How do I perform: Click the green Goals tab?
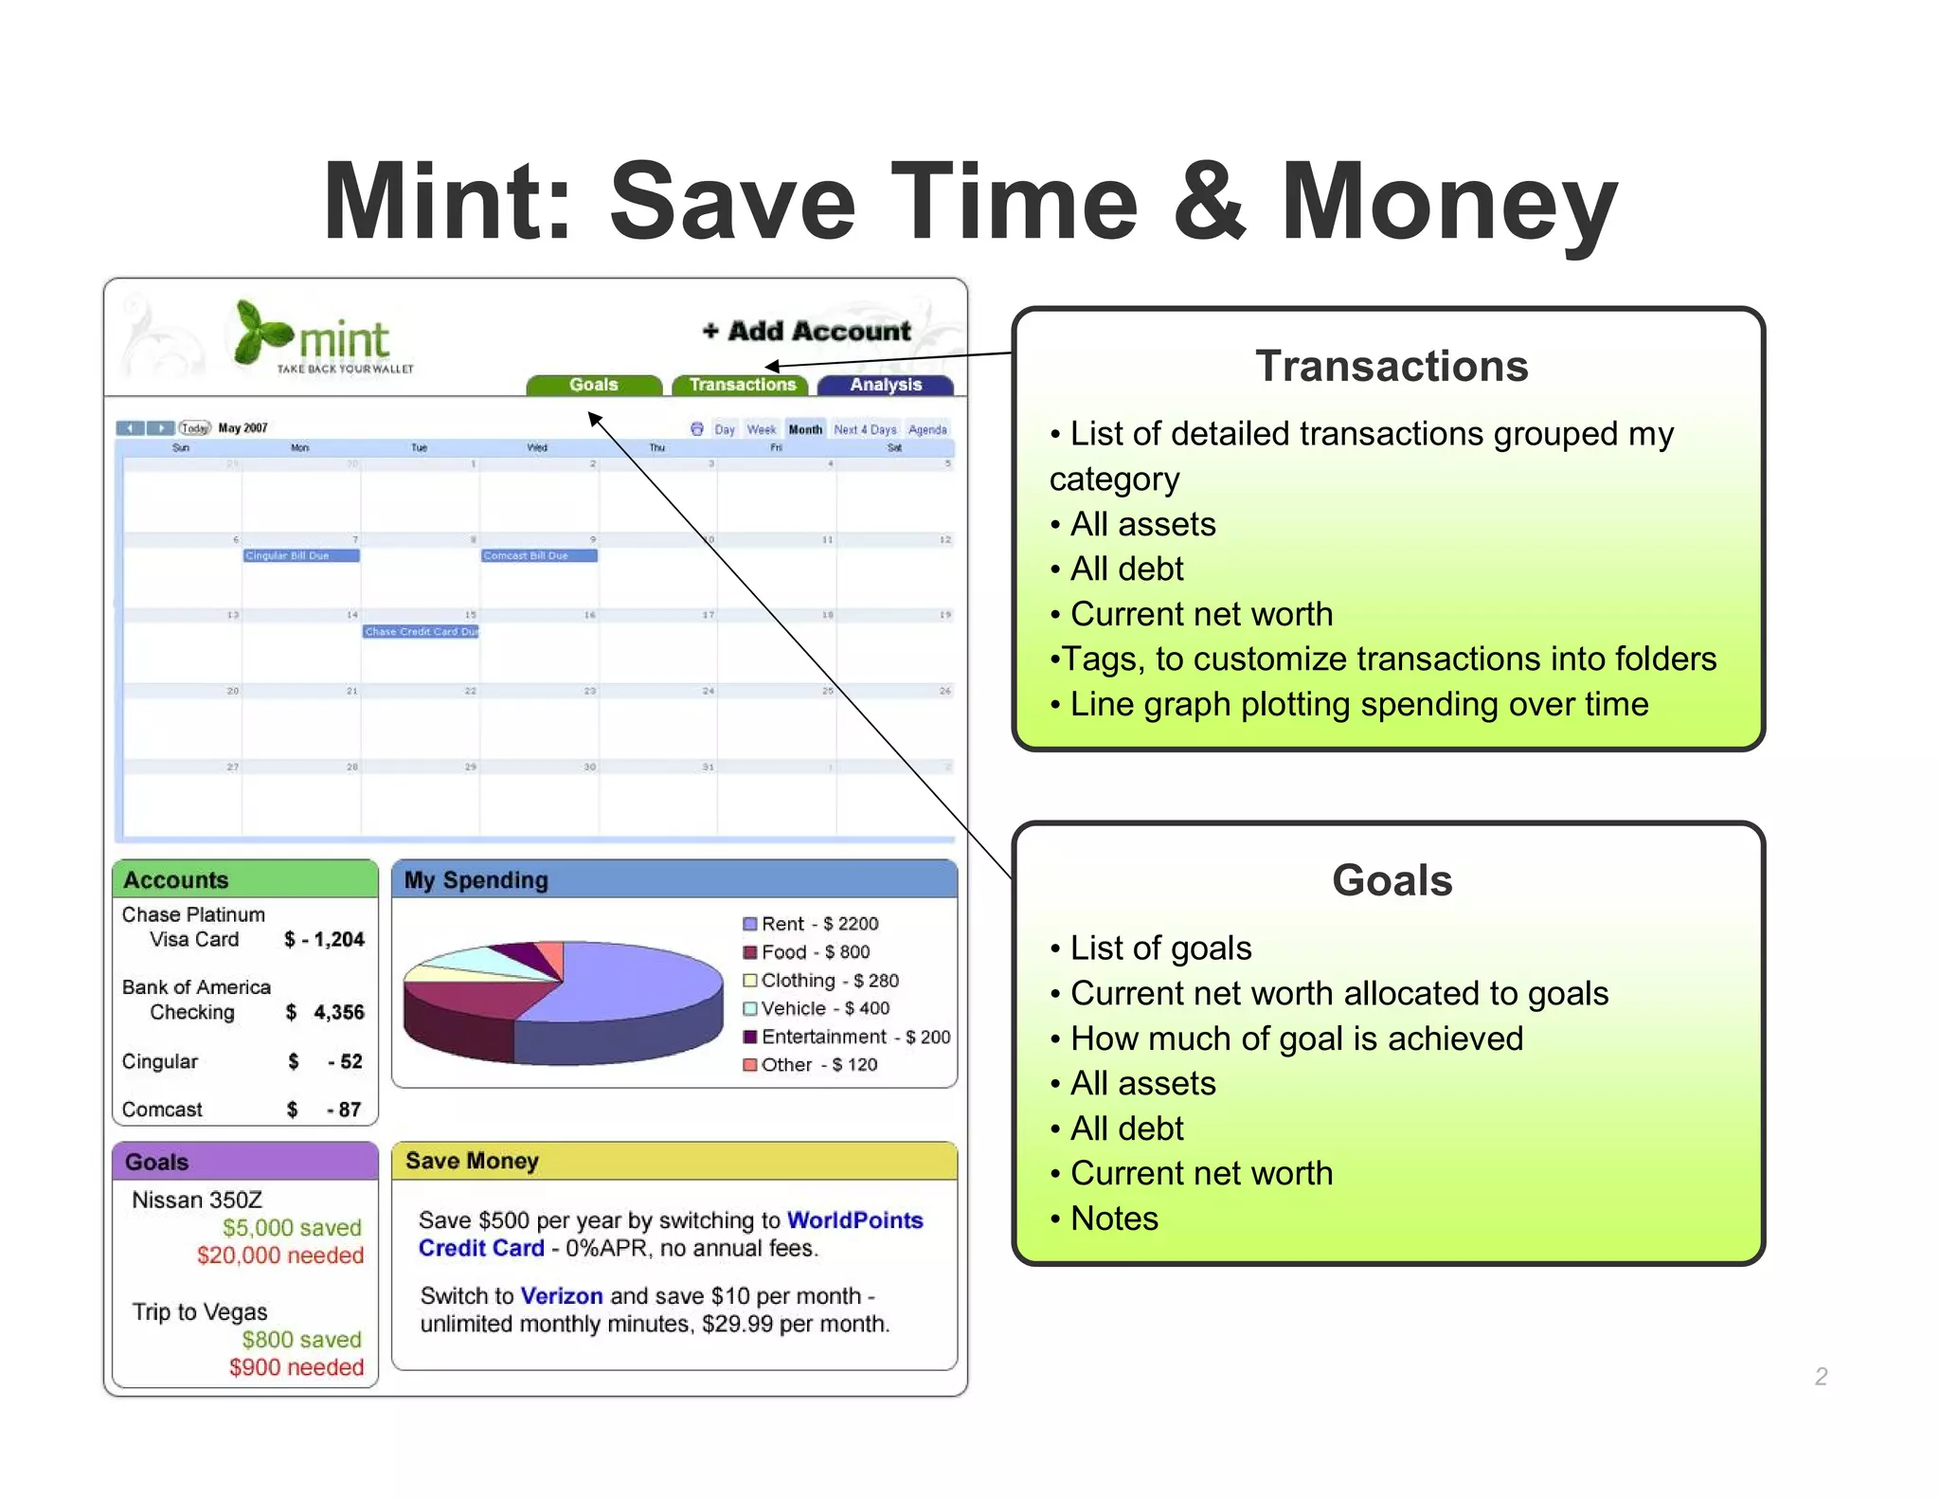[x=594, y=385]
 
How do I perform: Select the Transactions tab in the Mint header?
[x=742, y=385]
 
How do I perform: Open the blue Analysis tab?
[x=886, y=385]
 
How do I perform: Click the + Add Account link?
[x=806, y=331]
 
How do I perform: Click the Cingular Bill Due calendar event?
[x=300, y=555]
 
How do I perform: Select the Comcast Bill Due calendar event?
[x=538, y=555]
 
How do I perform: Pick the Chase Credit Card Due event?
[x=421, y=631]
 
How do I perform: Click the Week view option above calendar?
[x=761, y=429]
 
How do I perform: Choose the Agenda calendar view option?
[x=926, y=429]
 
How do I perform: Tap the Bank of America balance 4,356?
[x=338, y=1012]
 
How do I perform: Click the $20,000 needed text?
[x=280, y=1255]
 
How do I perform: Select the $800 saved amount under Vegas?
[x=301, y=1340]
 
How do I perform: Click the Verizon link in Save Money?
[x=562, y=1295]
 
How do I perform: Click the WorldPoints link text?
[x=854, y=1220]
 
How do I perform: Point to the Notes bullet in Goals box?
[x=1114, y=1219]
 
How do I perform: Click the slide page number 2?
[x=1820, y=1377]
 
